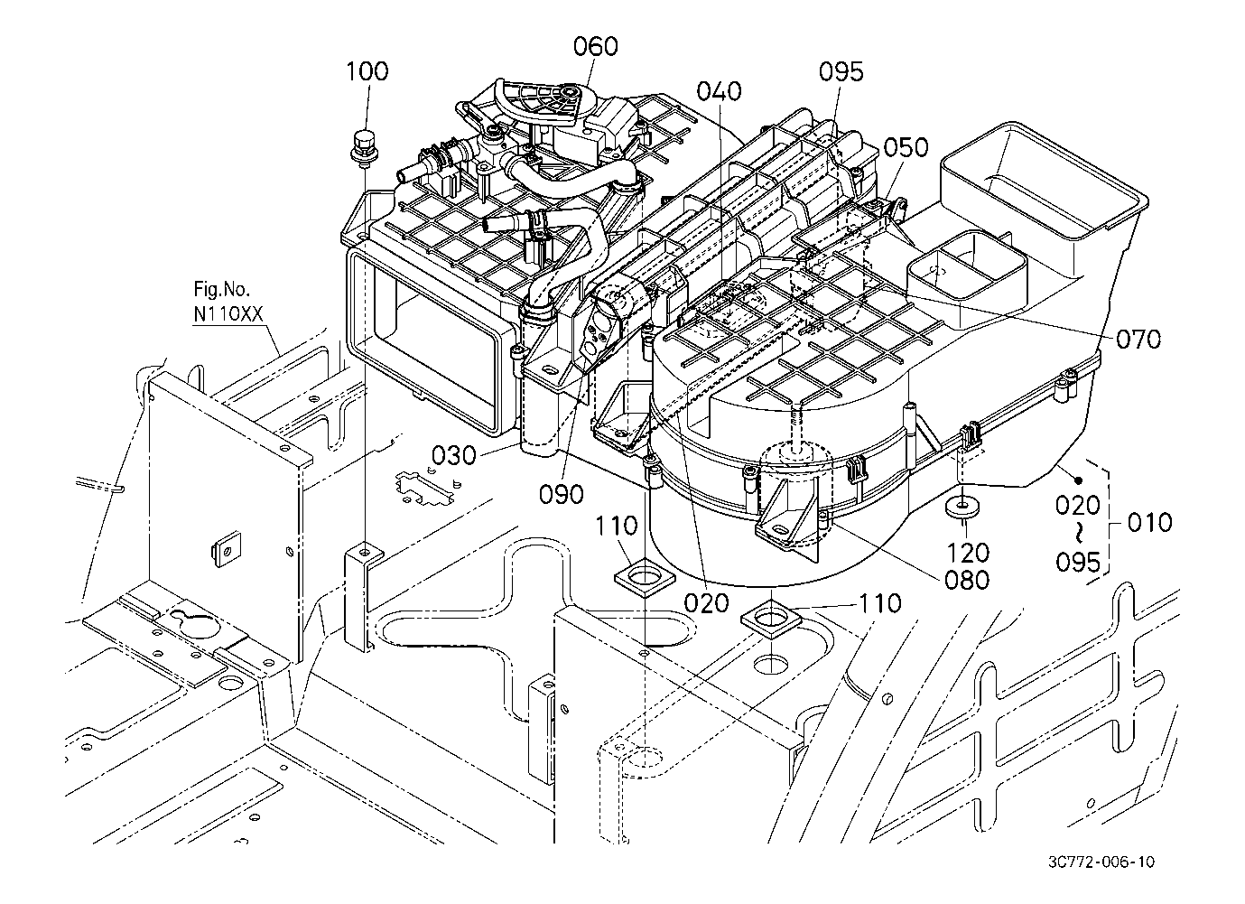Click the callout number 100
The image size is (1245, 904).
coord(367,71)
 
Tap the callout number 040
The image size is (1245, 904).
coord(719,91)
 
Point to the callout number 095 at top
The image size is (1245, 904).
coord(841,72)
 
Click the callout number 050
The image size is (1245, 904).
coord(906,147)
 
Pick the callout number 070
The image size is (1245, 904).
coord(1138,340)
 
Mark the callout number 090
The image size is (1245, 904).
coord(561,494)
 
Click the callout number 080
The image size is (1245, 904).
coord(965,579)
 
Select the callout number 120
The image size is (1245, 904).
coord(966,552)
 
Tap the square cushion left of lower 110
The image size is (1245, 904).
coord(771,620)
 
